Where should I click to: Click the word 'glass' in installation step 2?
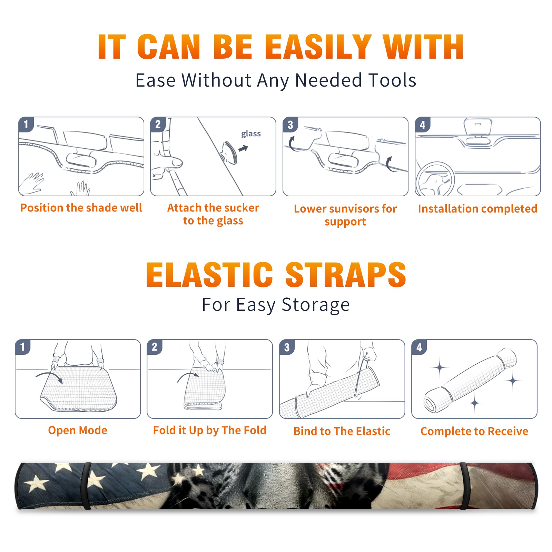coord(251,134)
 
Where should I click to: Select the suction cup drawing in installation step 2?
coord(229,152)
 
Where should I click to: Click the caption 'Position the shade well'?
coord(81,208)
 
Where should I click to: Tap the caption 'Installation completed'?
coord(477,208)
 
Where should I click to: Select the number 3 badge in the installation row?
coord(290,125)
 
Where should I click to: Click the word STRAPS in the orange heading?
coord(346,275)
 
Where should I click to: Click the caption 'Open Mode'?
coord(78,430)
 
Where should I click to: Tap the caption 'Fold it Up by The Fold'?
coord(210,430)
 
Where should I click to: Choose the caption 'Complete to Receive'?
coord(474,431)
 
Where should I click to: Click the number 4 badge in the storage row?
coord(419,347)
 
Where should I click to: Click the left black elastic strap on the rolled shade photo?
coord(87,486)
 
